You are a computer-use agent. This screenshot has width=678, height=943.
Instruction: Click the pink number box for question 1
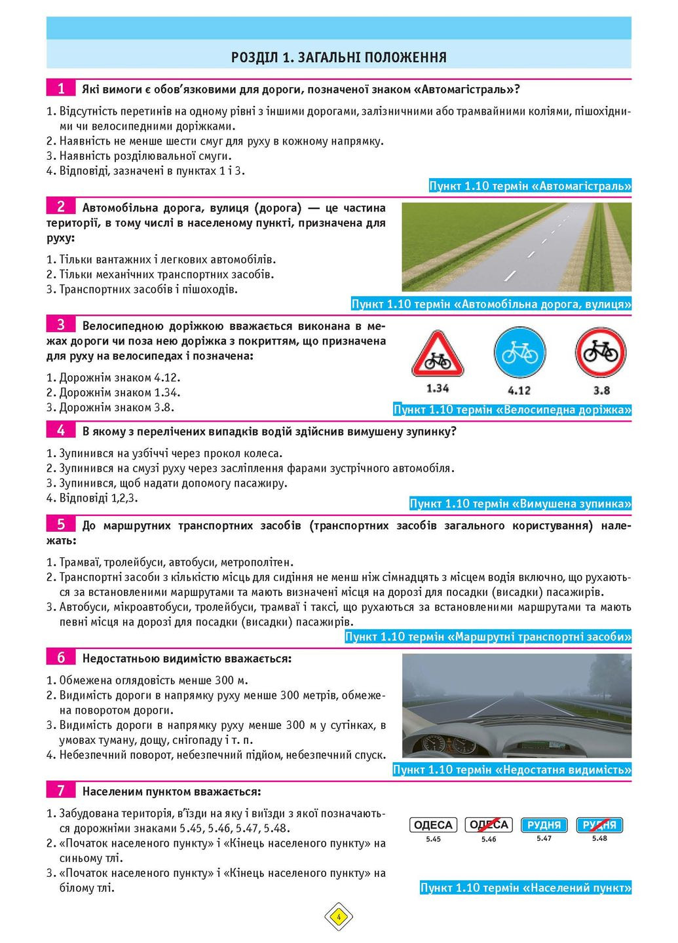(61, 88)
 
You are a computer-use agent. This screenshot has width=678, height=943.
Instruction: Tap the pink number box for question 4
(61, 430)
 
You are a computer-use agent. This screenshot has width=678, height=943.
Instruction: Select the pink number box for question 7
(61, 790)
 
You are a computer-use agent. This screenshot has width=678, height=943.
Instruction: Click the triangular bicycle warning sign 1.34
(438, 356)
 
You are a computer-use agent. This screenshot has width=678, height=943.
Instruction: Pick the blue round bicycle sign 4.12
(519, 354)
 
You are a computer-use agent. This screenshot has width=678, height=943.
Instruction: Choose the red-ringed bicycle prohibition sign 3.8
(601, 353)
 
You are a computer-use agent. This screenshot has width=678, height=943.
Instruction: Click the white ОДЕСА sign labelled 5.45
(434, 825)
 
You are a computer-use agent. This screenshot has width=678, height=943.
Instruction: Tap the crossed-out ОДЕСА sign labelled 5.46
(489, 825)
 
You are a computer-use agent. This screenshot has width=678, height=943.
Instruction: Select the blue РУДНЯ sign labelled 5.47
(544, 825)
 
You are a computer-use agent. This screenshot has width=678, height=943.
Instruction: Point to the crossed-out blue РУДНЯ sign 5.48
(599, 825)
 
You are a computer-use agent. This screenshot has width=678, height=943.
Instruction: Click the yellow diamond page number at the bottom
(339, 917)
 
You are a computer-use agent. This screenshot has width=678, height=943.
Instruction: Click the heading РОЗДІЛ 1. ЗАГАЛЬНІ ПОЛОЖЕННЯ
(339, 57)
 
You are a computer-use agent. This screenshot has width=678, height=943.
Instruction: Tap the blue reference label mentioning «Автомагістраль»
(530, 186)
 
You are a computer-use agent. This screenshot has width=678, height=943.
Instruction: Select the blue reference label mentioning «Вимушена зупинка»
(520, 504)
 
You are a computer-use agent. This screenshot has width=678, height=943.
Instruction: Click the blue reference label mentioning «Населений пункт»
(525, 888)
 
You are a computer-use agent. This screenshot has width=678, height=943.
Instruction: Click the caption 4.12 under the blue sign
(519, 390)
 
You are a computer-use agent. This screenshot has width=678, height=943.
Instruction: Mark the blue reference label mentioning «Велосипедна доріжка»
(512, 410)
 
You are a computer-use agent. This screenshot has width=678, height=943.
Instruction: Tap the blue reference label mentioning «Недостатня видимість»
(512, 769)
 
